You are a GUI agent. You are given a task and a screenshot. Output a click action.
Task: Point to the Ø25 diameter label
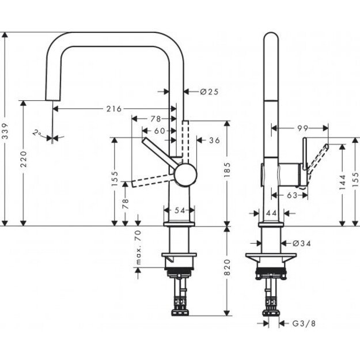point(210,91)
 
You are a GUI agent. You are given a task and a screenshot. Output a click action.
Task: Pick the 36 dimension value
point(214,139)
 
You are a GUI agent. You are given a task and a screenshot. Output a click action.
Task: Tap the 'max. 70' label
point(138,246)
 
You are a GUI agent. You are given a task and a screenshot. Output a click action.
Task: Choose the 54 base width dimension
point(180,211)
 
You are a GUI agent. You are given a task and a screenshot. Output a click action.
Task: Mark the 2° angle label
point(38,133)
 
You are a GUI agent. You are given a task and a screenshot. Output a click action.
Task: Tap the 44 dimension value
point(271,213)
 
